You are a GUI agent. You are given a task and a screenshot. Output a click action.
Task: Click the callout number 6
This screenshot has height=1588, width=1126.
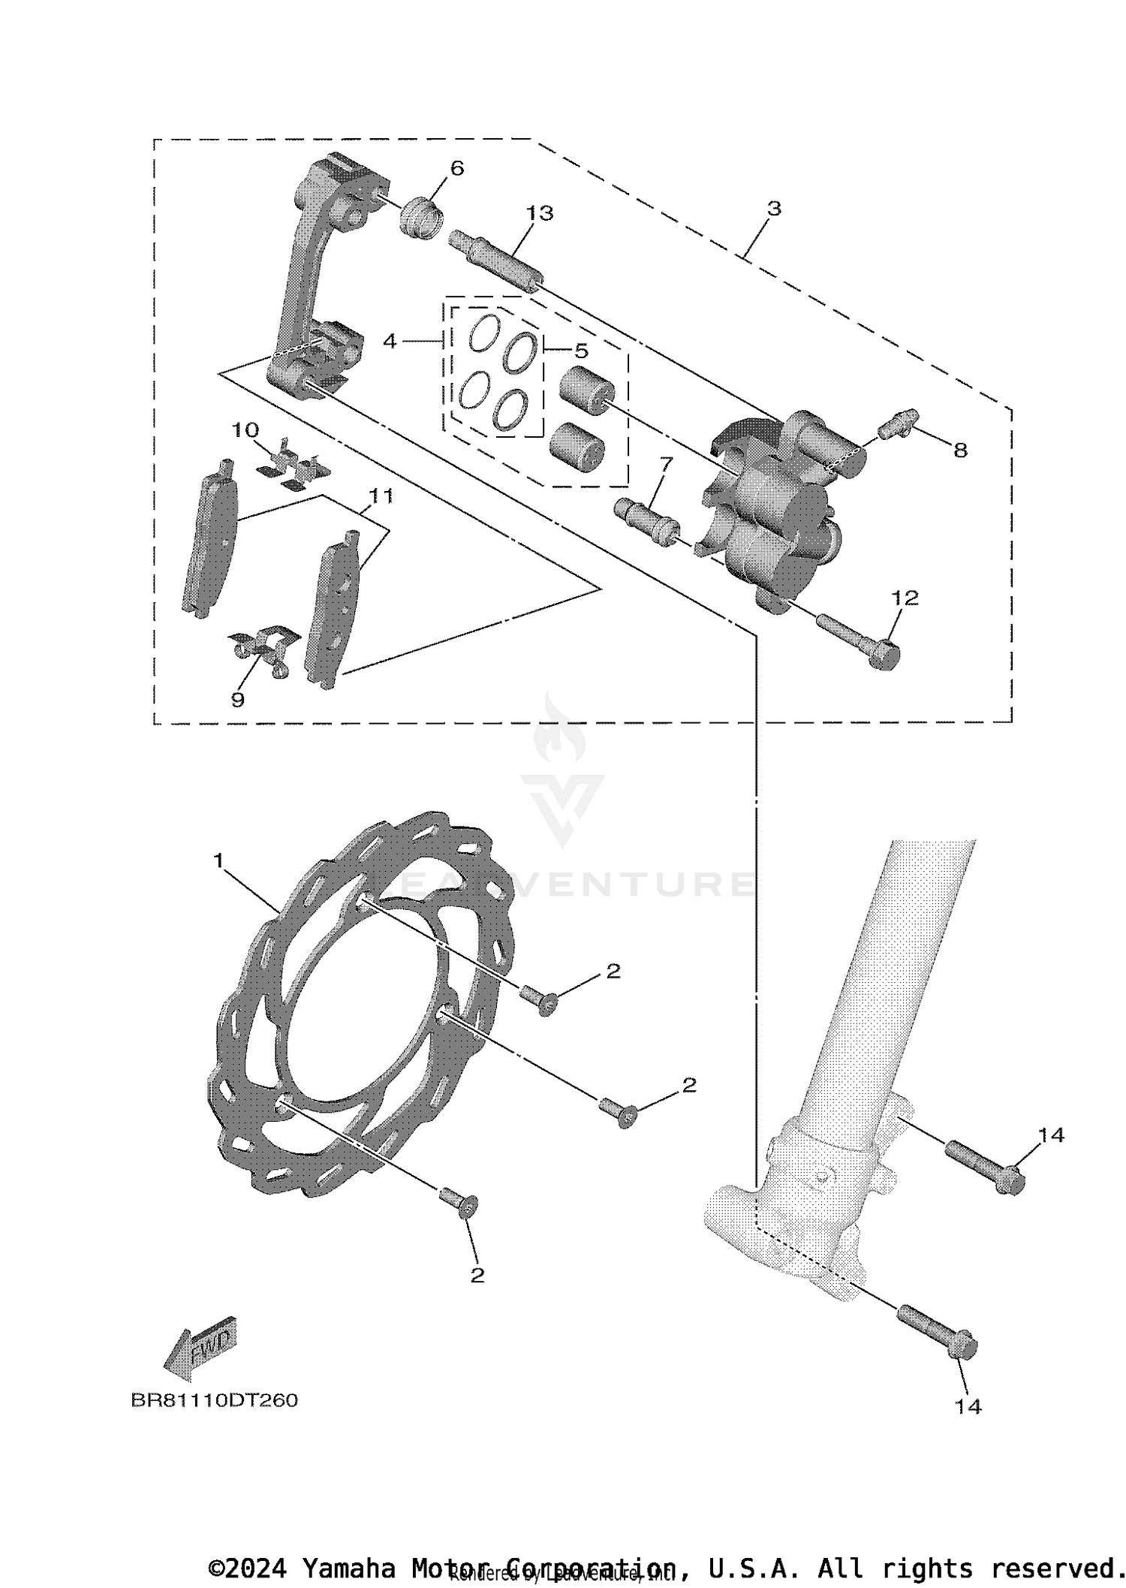click(x=457, y=168)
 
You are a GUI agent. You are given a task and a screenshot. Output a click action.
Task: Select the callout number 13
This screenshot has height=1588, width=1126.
click(x=539, y=213)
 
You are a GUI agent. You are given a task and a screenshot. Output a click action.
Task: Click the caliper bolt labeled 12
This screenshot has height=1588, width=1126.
click(x=857, y=638)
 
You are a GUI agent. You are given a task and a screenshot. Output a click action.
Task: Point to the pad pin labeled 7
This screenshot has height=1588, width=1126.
click(x=646, y=523)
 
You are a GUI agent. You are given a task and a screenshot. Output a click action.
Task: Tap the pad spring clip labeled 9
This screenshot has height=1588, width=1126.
click(x=263, y=644)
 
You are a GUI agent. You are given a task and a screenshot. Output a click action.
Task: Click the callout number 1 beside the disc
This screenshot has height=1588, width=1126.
click(x=218, y=860)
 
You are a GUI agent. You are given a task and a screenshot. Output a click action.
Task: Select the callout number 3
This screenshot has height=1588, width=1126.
click(x=774, y=208)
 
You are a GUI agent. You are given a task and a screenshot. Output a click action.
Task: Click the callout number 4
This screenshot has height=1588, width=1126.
click(x=389, y=341)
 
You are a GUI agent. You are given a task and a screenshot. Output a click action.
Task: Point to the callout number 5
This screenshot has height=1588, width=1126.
click(x=582, y=351)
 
